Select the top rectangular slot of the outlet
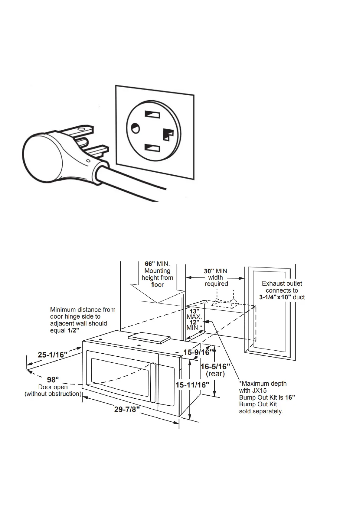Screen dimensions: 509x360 point(152,115)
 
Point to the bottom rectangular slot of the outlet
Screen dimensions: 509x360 point(152,148)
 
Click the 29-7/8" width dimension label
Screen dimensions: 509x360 point(127,410)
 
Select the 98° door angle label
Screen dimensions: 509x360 point(53,379)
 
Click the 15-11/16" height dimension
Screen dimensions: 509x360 point(193,385)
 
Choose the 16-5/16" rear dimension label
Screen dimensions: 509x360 point(215,366)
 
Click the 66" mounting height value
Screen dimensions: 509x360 point(149,264)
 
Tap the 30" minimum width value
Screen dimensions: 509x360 point(209,271)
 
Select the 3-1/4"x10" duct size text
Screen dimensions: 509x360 point(275,297)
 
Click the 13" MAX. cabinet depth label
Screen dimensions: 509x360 point(194,311)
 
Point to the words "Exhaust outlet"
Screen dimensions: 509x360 point(282,284)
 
